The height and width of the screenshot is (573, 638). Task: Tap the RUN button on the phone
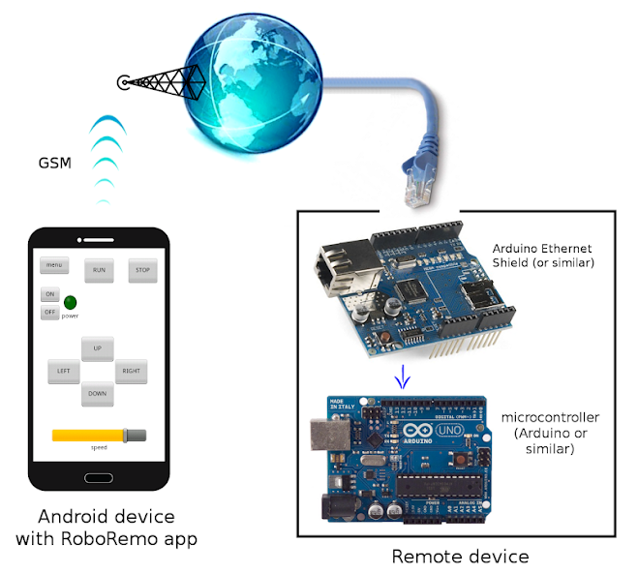99,270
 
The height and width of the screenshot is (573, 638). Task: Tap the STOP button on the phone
142,270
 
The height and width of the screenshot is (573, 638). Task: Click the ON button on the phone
49,294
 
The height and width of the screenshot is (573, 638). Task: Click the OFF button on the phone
49,313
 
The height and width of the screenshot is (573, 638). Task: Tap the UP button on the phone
98,348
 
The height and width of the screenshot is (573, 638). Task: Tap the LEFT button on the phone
63,371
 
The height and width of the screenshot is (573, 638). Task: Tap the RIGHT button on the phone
131,371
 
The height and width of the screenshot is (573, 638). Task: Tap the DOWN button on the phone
98,393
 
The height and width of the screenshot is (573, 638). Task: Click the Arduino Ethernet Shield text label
541,256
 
